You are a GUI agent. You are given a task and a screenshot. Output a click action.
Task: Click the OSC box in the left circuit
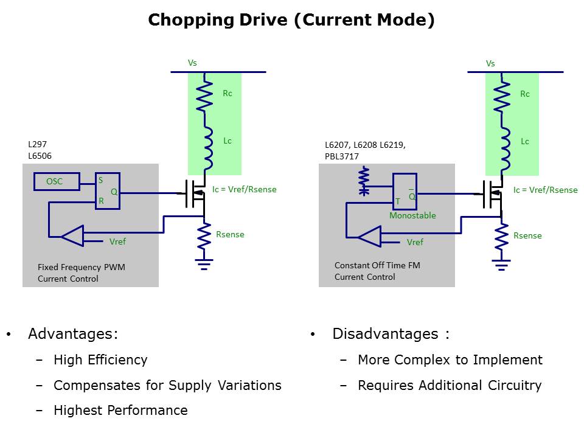(x=55, y=181)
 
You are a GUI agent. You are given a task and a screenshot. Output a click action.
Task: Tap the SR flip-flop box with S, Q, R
(x=108, y=191)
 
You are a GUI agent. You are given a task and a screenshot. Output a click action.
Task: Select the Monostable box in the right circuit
(x=405, y=192)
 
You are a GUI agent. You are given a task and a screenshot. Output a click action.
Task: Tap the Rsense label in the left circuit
(x=230, y=234)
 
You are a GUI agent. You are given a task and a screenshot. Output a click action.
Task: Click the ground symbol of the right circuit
(x=501, y=264)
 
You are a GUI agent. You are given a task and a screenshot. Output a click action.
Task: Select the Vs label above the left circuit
(x=192, y=63)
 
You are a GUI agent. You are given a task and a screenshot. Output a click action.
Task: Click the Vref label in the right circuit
(x=415, y=242)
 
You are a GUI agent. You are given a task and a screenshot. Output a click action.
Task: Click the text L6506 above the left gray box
(x=40, y=156)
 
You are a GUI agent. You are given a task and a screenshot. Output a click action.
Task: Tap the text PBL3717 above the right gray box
(x=342, y=156)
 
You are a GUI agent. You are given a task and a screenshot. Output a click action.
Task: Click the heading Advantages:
(x=73, y=334)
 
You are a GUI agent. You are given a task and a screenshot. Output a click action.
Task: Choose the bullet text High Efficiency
(x=100, y=360)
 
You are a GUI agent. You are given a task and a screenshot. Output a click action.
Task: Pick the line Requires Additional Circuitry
(x=450, y=385)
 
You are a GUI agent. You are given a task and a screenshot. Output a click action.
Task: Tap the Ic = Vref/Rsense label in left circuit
(x=245, y=189)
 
